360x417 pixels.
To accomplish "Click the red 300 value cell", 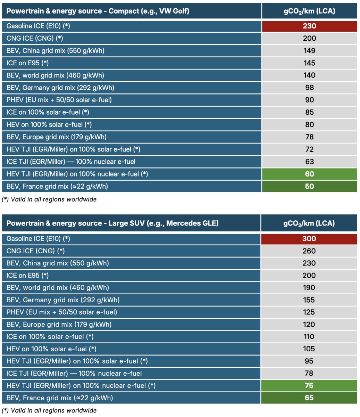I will (x=309, y=239).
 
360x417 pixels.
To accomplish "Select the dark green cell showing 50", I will (x=309, y=186).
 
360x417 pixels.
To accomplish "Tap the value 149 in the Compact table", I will (x=309, y=51).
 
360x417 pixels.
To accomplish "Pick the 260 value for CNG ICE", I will (x=309, y=251).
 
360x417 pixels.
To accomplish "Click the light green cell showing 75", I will (x=309, y=386).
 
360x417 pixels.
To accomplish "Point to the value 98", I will (x=309, y=88).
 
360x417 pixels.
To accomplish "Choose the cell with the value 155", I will (x=309, y=300).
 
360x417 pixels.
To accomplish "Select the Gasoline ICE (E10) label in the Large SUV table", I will (x=38, y=239).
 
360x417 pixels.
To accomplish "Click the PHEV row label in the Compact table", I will (x=59, y=100).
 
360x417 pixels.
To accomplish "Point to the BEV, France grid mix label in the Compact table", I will (x=57, y=186).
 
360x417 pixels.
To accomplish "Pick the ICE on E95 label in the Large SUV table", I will (x=27, y=276).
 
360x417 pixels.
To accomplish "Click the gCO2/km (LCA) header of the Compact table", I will (x=309, y=11).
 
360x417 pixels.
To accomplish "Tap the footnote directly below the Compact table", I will (x=49, y=199).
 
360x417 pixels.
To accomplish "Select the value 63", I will (x=309, y=162).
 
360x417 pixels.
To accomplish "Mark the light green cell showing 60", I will (x=309, y=174).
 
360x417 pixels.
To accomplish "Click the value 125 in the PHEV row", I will (x=309, y=312).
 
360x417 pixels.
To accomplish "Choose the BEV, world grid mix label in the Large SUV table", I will (x=58, y=288).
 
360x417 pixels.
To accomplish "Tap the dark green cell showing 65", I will (x=309, y=398).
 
